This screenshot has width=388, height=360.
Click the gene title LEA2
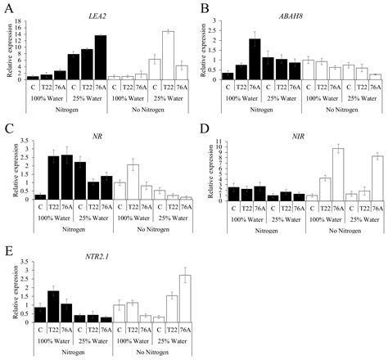tap(100, 16)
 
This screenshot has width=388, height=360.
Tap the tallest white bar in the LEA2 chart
tap(169, 55)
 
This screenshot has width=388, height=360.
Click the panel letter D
tap(201, 131)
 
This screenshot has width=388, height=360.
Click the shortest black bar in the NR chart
tap(40, 197)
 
